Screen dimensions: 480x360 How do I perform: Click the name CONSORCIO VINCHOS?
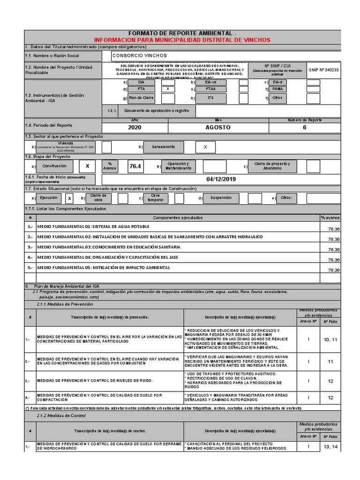(x=134, y=55)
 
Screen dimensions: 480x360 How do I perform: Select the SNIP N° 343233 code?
(x=323, y=69)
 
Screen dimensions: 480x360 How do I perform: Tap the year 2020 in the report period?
(x=135, y=127)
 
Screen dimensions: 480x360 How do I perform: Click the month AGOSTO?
(x=218, y=127)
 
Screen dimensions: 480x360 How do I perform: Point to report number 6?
(x=304, y=127)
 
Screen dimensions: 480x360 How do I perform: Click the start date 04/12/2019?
(x=219, y=180)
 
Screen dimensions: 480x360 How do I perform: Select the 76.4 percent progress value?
(x=135, y=166)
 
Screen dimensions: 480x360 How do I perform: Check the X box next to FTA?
(x=168, y=89)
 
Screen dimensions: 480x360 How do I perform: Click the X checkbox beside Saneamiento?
(x=205, y=147)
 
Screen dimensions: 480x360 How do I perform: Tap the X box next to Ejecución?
(x=70, y=198)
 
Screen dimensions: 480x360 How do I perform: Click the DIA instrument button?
(x=141, y=82)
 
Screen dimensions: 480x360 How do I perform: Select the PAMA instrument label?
(x=277, y=89)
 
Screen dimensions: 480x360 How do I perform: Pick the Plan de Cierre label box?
(x=141, y=98)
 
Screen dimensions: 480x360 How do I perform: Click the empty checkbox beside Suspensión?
(x=255, y=198)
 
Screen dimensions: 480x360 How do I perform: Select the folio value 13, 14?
(x=330, y=447)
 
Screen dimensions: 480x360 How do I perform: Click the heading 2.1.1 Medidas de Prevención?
(x=64, y=304)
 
